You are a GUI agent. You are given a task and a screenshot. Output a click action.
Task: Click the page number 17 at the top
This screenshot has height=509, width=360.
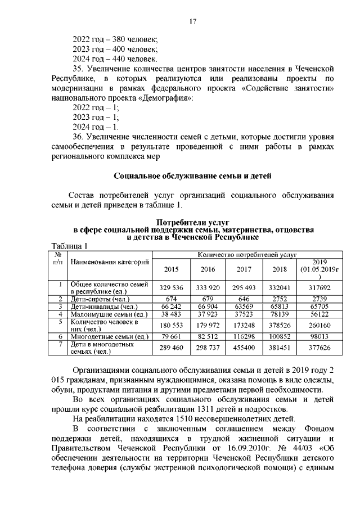click(x=192, y=21)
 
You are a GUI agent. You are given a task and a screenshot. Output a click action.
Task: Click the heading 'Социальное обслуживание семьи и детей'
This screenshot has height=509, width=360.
click(x=193, y=175)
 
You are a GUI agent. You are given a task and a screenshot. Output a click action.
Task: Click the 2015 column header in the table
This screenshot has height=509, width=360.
click(x=171, y=269)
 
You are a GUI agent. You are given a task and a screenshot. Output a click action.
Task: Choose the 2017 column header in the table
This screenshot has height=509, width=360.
click(x=244, y=269)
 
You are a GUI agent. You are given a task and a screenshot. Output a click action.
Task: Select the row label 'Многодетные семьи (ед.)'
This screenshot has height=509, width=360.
click(x=109, y=336)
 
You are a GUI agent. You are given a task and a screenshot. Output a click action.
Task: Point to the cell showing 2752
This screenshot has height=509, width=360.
click(x=280, y=298)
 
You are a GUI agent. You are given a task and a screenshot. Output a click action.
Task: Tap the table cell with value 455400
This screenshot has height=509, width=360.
click(x=244, y=348)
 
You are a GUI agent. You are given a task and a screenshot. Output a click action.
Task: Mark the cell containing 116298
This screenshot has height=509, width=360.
click(x=244, y=336)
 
